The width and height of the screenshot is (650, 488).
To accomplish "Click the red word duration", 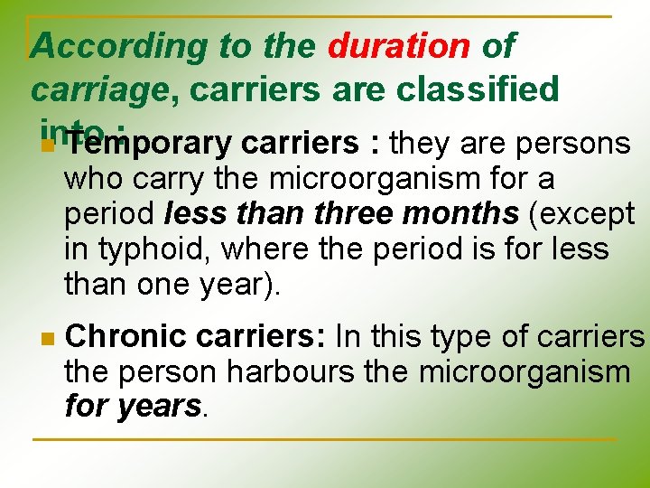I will point(399,45).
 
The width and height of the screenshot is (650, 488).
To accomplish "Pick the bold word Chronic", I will point(126,337).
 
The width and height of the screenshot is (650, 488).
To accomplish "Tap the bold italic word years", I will point(159,406).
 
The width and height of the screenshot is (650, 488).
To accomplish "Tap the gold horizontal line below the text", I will point(325,439).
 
